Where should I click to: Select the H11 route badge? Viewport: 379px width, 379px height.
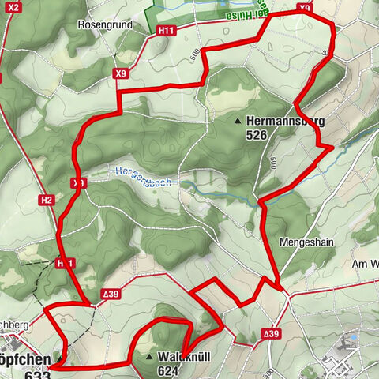166,30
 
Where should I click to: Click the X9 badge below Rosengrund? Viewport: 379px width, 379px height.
120,73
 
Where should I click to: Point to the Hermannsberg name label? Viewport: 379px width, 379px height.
285,121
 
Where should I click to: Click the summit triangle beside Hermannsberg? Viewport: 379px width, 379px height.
238,122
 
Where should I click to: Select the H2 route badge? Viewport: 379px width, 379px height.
46,200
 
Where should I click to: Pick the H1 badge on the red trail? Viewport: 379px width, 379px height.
66,262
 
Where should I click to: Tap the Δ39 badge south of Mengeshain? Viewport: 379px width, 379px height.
271,335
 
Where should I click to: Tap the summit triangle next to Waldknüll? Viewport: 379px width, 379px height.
149,357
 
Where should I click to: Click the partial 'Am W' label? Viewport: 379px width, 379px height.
365,263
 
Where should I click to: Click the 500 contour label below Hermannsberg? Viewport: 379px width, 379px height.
272,163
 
